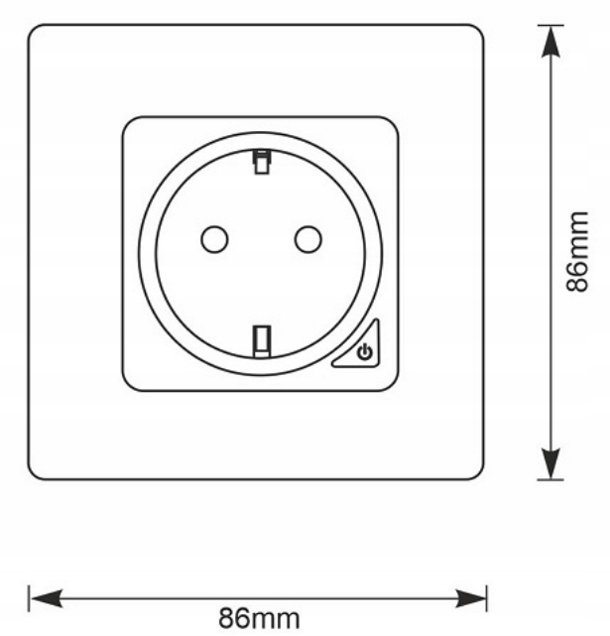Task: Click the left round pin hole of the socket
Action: coord(214,238)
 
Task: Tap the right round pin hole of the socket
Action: coord(308,238)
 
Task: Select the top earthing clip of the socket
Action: coord(261,161)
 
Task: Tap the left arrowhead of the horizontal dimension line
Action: coord(46,597)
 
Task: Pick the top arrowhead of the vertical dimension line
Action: coord(550,41)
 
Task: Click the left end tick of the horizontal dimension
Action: coord(29,597)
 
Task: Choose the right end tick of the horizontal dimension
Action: coord(487,597)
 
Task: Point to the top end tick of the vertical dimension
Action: coord(550,25)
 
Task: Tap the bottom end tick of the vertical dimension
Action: coord(550,480)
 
